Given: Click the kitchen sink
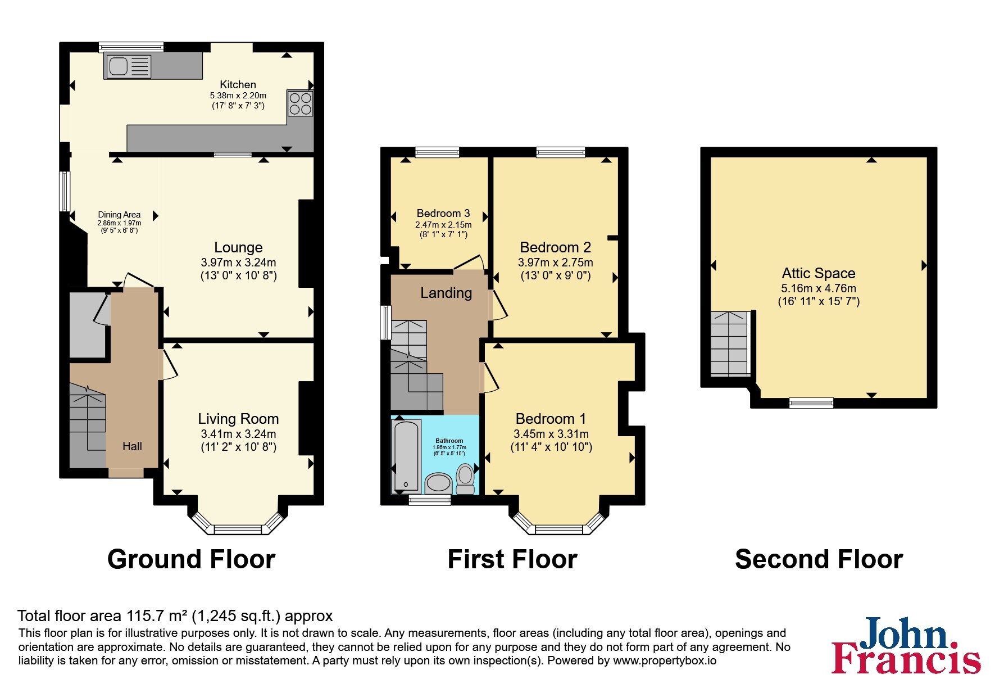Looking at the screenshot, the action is (x=128, y=66).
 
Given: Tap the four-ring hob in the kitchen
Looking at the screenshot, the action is (x=300, y=103).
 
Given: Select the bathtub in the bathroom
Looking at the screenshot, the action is (x=406, y=456).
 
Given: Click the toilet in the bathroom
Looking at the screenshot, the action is (x=465, y=478).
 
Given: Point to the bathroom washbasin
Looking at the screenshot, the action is (x=439, y=483).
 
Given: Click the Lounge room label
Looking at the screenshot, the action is (x=238, y=247).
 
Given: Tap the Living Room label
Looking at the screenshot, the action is (x=238, y=419).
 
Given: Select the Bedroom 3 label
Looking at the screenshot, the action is (x=443, y=213).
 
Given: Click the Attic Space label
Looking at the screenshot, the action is (x=819, y=273).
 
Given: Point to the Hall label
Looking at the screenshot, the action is (x=132, y=446).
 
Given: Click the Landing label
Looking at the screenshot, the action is (x=446, y=293).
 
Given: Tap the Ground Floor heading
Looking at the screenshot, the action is (x=191, y=559).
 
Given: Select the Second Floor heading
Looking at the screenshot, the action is (x=819, y=559).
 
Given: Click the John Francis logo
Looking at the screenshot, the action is (x=906, y=645).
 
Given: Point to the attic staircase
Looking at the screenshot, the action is (x=730, y=343).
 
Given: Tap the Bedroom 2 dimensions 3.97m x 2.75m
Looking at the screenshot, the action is (x=555, y=262).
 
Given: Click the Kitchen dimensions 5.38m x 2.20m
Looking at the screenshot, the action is (x=238, y=96).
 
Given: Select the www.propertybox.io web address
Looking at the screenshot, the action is (x=665, y=661).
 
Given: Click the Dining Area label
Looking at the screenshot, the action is (x=119, y=215).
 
